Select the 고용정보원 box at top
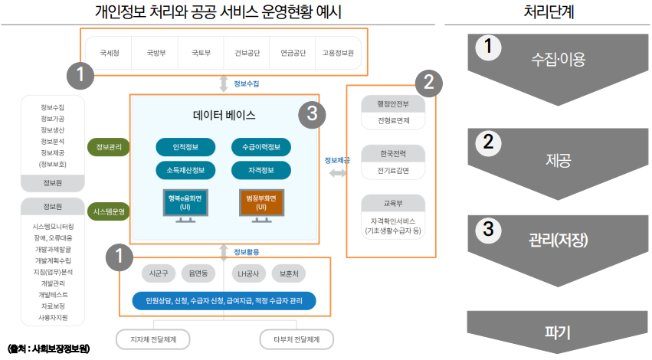click(337, 54)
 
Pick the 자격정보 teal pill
click(261, 169)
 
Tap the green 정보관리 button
click(109, 146)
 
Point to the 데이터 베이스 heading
click(224, 116)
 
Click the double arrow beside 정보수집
click(223, 83)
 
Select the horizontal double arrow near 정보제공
click(337, 174)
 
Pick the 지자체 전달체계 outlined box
click(152, 339)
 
